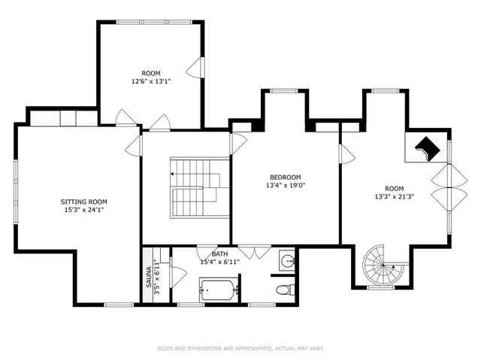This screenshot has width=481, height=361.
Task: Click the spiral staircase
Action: (382, 267)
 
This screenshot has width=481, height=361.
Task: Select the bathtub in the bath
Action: (219, 289)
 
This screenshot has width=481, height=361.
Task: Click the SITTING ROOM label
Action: (83, 202)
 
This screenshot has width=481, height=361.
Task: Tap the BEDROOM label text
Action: (285, 177)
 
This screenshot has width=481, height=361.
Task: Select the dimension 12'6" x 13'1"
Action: (151, 82)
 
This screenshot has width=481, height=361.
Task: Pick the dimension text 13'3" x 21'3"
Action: (395, 197)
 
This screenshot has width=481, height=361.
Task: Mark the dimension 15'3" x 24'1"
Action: (83, 211)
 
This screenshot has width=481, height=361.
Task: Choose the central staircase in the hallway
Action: (195, 187)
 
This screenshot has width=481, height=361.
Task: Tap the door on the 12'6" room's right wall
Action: (196, 68)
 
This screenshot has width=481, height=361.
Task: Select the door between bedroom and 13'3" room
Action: (346, 154)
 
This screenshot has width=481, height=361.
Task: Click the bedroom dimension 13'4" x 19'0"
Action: (285, 185)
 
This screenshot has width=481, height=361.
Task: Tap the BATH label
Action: (210, 254)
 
